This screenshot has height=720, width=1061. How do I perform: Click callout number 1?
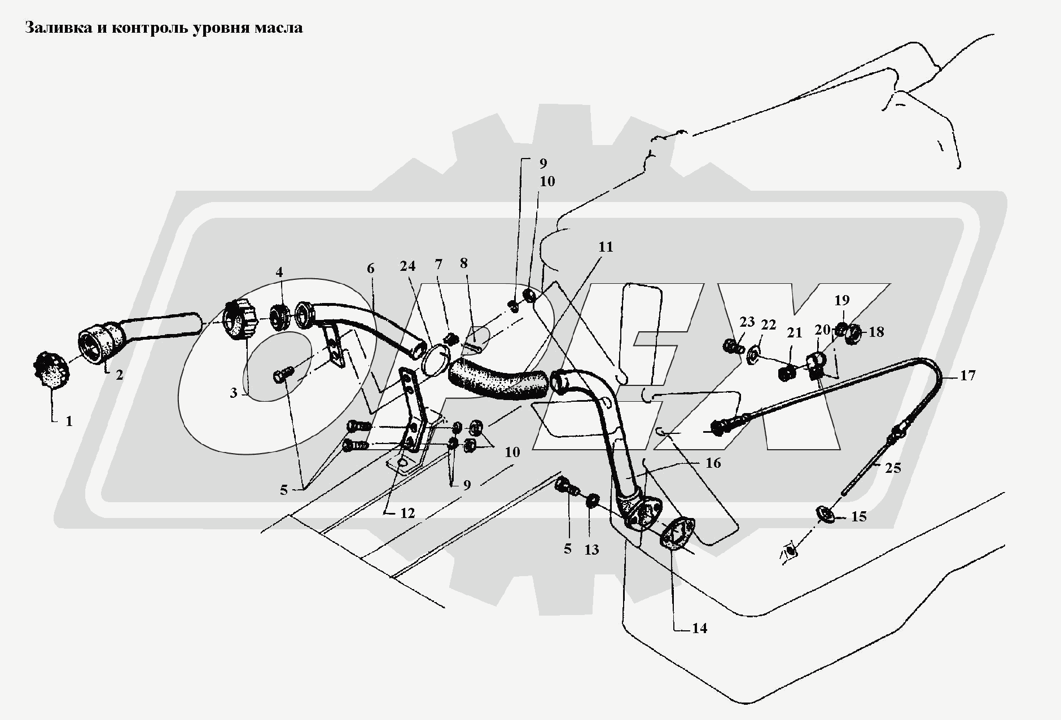[69, 421]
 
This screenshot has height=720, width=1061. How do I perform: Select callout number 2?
[120, 375]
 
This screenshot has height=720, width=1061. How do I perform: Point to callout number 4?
[279, 272]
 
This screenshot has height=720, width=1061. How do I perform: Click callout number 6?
[370, 269]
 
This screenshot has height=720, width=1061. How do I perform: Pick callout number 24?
[408, 265]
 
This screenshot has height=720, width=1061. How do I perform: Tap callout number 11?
[606, 247]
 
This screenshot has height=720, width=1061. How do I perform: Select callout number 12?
[407, 513]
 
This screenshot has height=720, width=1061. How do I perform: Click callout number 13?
[591, 549]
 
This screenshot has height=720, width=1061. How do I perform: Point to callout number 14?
[699, 628]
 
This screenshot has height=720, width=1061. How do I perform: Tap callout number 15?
[858, 516]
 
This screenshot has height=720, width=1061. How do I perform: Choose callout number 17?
[967, 375]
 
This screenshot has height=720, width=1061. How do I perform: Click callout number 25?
[894, 468]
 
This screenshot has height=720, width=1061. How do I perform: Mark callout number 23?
[747, 322]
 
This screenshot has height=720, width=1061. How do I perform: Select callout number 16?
[713, 463]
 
